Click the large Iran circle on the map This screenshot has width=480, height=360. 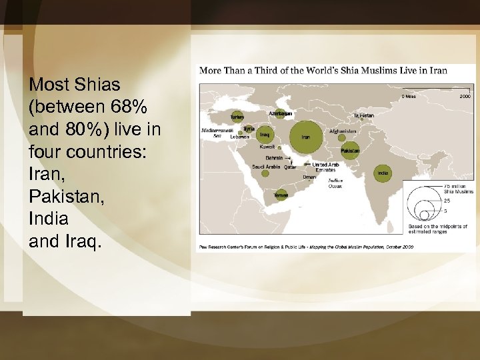306,137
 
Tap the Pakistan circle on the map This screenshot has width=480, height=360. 350,151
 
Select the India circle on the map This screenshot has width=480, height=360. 382,173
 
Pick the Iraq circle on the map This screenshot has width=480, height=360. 265,134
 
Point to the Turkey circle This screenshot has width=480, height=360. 237,116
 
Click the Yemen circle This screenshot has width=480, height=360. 281,195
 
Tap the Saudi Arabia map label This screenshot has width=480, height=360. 265,167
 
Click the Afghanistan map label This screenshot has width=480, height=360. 343,131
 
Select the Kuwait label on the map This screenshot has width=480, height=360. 267,146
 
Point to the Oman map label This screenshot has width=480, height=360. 309,177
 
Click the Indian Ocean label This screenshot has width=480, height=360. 335,183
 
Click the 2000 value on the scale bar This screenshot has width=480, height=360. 464,96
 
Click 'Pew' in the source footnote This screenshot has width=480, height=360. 201,247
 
